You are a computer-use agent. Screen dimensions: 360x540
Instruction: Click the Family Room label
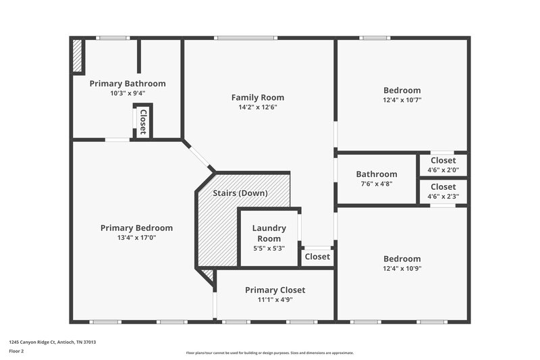pyautogui.click(x=257, y=97)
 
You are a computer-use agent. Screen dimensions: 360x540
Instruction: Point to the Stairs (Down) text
pyautogui.click(x=240, y=193)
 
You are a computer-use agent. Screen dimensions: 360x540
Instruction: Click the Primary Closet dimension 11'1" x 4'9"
pyautogui.click(x=275, y=299)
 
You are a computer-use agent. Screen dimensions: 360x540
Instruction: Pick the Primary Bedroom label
pyautogui.click(x=136, y=228)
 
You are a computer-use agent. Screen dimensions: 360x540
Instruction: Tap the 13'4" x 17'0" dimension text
pyautogui.click(x=136, y=237)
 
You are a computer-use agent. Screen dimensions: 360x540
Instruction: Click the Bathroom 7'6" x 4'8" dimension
pyautogui.click(x=376, y=183)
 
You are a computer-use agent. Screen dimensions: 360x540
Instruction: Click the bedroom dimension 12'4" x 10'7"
pyautogui.click(x=402, y=100)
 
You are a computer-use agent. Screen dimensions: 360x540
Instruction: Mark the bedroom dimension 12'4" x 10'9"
pyautogui.click(x=402, y=268)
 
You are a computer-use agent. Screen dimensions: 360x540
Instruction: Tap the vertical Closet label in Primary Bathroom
pyautogui.click(x=143, y=121)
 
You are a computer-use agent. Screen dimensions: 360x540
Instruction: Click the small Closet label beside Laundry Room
pyautogui.click(x=317, y=257)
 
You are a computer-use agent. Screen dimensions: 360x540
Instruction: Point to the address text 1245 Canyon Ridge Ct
pyautogui.click(x=52, y=342)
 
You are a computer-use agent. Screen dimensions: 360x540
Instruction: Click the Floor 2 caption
pyautogui.click(x=16, y=351)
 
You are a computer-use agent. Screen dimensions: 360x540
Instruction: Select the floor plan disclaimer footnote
pyautogui.click(x=269, y=353)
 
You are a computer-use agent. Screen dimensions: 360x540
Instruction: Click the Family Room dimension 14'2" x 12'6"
pyautogui.click(x=257, y=107)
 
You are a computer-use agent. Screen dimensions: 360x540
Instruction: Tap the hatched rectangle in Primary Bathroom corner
pyautogui.click(x=78, y=57)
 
